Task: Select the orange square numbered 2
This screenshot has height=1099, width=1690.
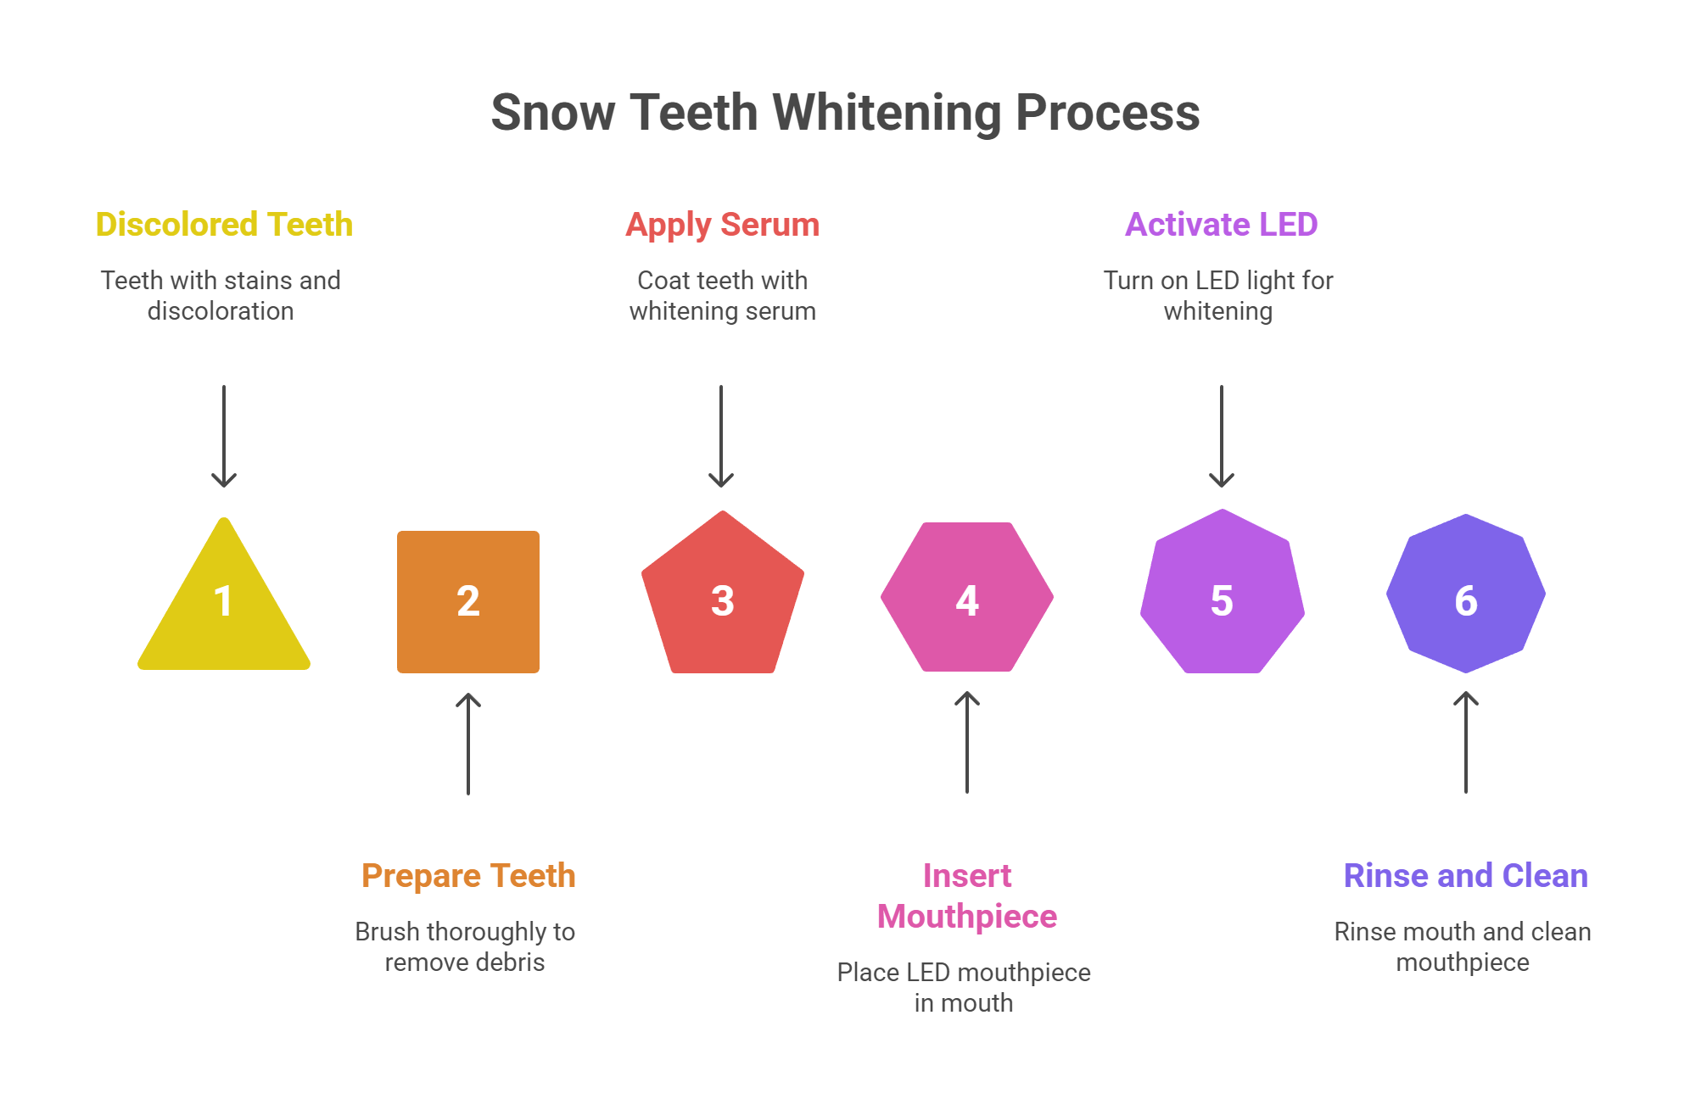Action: (x=468, y=601)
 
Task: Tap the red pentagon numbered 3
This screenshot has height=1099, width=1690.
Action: (x=722, y=597)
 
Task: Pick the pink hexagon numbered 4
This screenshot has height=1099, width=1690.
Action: (x=967, y=598)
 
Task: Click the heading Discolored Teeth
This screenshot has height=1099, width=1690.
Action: (x=224, y=225)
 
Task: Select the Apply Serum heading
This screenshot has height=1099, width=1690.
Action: (x=723, y=225)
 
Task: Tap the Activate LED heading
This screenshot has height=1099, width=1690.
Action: (x=1221, y=225)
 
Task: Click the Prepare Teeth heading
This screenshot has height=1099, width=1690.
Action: (x=468, y=876)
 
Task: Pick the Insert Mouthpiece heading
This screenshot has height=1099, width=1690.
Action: (x=967, y=895)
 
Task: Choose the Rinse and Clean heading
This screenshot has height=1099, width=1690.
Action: (x=1465, y=876)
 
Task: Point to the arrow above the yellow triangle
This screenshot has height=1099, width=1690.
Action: (x=224, y=436)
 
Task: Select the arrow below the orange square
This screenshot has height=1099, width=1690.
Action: (x=468, y=744)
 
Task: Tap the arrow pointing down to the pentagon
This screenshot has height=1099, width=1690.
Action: (x=721, y=436)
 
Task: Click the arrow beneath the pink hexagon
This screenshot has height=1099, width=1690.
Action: (x=967, y=742)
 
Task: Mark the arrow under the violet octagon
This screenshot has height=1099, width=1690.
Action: (x=1466, y=742)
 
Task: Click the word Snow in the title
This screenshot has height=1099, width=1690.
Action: (x=552, y=113)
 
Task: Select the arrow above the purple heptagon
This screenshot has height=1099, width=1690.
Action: (x=1222, y=436)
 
